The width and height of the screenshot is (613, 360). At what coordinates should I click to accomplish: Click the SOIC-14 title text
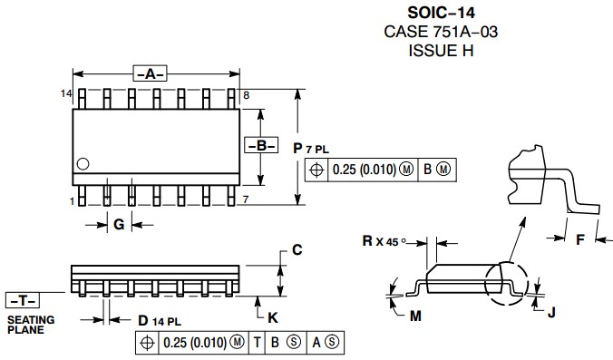pyautogui.click(x=441, y=13)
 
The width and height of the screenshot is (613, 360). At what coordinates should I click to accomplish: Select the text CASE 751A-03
pyautogui.click(x=441, y=32)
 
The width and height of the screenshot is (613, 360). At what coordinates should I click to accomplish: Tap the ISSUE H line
pyautogui.click(x=441, y=51)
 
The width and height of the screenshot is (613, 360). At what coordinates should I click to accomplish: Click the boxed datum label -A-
pyautogui.click(x=151, y=73)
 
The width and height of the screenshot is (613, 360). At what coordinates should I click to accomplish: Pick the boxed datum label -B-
pyautogui.click(x=261, y=145)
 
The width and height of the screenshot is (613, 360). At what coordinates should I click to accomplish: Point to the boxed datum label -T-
pyautogui.click(x=23, y=300)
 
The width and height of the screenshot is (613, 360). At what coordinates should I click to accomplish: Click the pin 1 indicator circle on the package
pyautogui.click(x=83, y=164)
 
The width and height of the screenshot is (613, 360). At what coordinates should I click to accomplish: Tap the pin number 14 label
pyautogui.click(x=66, y=93)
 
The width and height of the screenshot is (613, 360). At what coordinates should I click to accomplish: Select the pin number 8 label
pyautogui.click(x=246, y=95)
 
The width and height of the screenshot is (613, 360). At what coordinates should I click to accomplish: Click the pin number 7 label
pyautogui.click(x=245, y=199)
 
